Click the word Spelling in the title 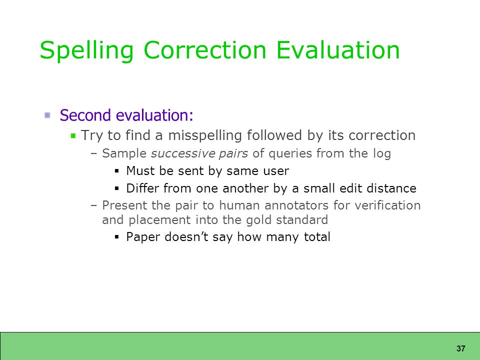(86, 51)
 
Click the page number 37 (460, 348)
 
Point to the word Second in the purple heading (85, 115)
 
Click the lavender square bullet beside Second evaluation (47, 115)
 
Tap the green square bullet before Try (73, 135)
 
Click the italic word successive (183, 153)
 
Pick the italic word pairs (233, 154)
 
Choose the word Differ (142, 188)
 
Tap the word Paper (143, 237)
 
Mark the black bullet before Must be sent (116, 171)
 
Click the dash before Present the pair (93, 205)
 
